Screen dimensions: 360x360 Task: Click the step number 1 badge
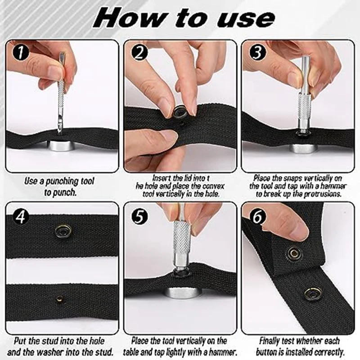point(21,53)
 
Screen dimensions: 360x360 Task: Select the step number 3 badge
point(257,53)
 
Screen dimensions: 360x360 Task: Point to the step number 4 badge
point(21,216)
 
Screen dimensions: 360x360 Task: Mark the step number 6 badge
point(257,216)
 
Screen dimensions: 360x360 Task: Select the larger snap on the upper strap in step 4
point(62,230)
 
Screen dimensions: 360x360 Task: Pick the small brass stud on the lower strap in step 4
point(60,299)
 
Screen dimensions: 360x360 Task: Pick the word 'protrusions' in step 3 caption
point(323,194)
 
